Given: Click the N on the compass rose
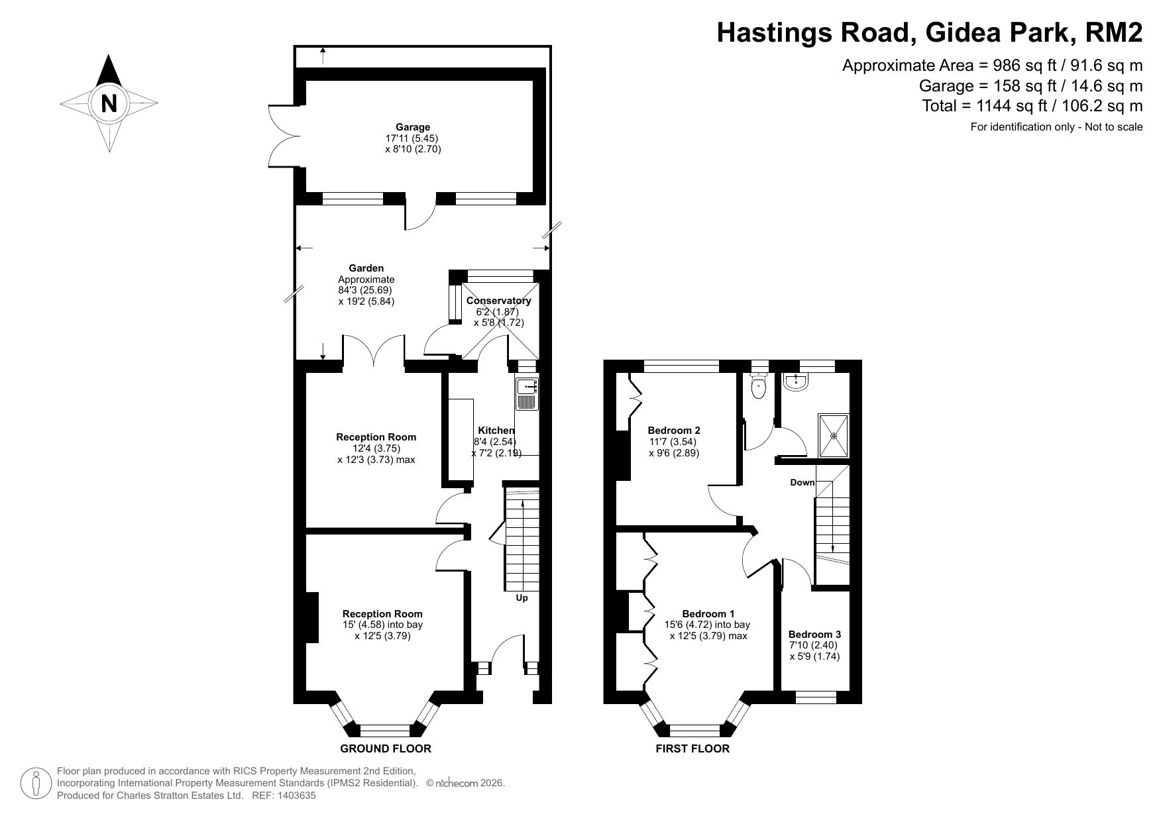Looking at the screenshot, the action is click(109, 104).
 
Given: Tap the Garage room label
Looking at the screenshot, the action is click(413, 127).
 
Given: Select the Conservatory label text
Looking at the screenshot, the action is click(498, 301).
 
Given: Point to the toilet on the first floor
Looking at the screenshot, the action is click(757, 385).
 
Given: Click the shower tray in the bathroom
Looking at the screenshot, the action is click(833, 435).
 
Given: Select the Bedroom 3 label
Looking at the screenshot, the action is click(814, 634).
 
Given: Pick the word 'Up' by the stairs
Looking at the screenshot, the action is click(522, 598).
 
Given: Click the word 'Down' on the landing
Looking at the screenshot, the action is click(802, 482).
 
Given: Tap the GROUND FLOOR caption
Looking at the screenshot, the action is click(385, 748).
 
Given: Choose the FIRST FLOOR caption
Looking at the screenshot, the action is click(692, 748).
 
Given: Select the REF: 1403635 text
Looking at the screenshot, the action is click(284, 796).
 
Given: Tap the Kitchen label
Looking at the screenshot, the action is click(496, 431).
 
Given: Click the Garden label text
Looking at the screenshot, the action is click(366, 268).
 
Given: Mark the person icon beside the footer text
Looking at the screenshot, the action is click(36, 784).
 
